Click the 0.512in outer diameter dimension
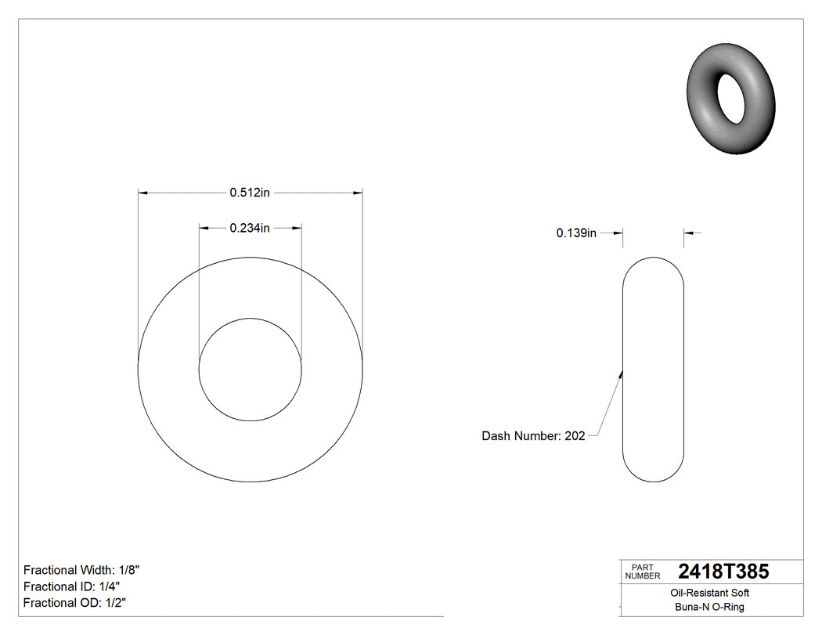250,192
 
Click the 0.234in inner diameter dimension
250,228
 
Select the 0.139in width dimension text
576,233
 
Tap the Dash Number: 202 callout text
533,436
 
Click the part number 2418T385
723,572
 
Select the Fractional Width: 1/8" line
81,570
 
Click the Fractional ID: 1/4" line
71,586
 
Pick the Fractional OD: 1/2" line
74,603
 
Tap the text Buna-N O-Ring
710,608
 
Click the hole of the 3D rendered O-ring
733,99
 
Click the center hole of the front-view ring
250,370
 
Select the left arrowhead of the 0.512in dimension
142,192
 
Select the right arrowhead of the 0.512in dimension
358,192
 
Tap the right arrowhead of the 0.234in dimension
297,228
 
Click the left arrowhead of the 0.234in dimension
204,228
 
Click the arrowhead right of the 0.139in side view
689,233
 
